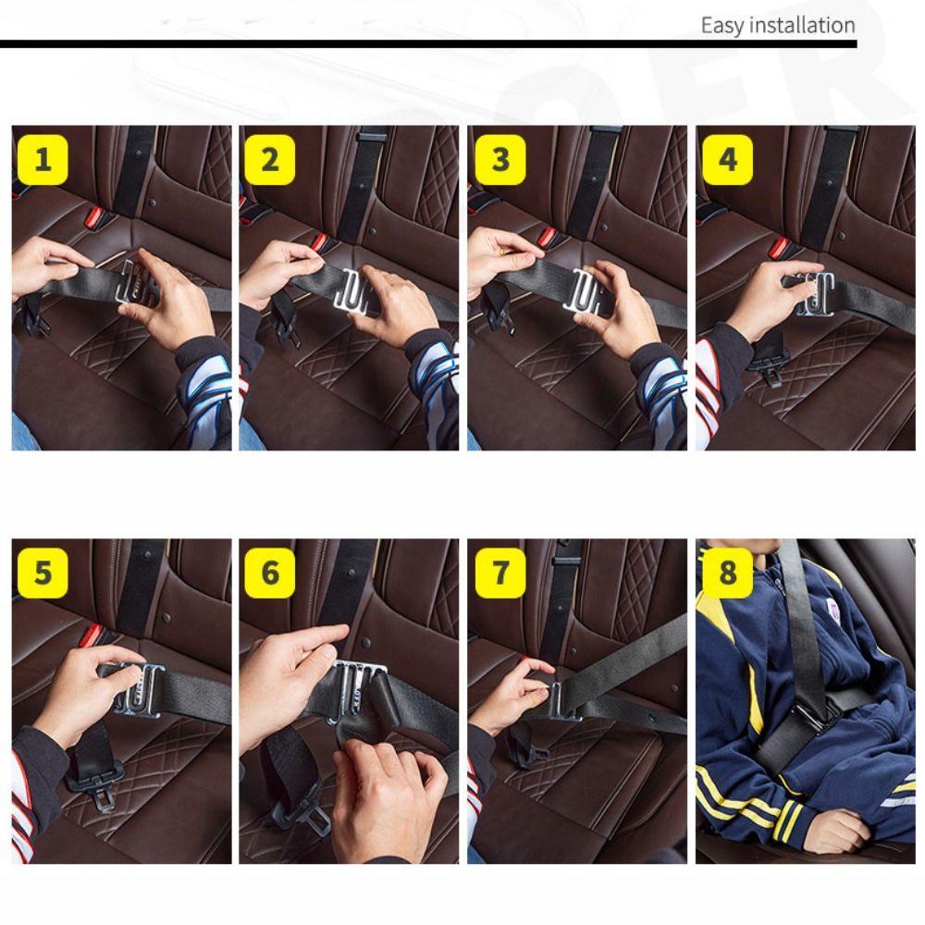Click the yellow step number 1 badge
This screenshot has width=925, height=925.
43,160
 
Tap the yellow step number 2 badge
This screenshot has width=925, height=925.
269,160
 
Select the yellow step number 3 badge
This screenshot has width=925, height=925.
500,160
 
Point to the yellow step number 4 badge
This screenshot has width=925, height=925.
727,160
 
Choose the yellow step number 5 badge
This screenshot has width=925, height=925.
43,573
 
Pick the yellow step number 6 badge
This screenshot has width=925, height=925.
269,573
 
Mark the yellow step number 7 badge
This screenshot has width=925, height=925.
500,573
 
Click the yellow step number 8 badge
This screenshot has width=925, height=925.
727,573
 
